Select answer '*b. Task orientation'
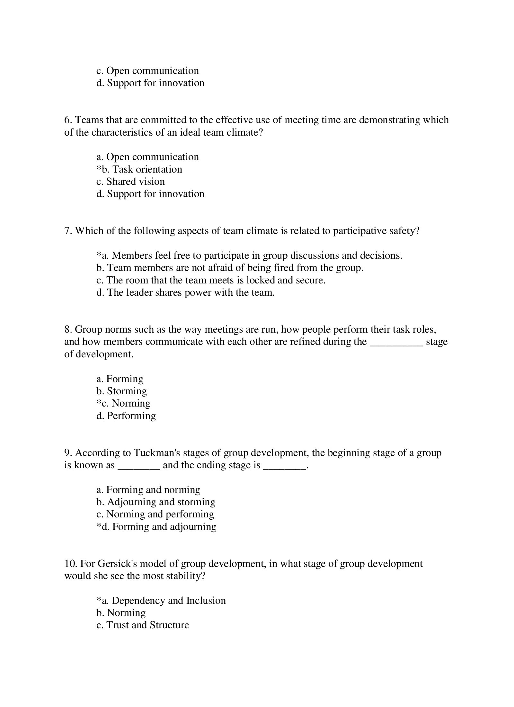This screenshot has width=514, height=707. (139, 169)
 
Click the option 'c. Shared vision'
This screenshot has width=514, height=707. (130, 181)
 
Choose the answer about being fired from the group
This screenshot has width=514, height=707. (230, 267)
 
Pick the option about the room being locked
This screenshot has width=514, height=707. (211, 280)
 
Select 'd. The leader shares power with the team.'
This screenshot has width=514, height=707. (185, 292)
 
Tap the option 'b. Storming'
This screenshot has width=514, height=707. (121, 391)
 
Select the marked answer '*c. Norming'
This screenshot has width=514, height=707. (123, 403)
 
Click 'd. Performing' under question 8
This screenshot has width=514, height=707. (126, 416)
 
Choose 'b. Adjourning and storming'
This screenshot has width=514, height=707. (156, 502)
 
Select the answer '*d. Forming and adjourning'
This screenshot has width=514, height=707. (156, 526)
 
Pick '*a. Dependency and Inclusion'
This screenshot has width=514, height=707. (161, 600)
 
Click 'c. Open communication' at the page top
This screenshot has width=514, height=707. (147, 70)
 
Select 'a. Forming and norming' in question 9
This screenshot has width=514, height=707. (148, 489)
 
